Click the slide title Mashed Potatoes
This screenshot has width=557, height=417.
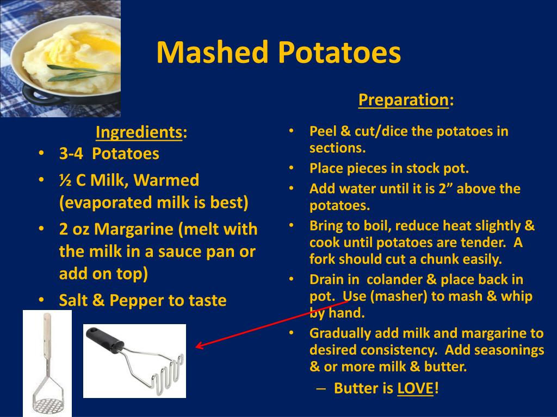click(278, 53)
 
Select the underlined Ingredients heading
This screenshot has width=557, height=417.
click(138, 132)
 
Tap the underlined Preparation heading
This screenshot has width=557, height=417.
click(403, 100)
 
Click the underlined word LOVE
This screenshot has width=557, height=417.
click(415, 388)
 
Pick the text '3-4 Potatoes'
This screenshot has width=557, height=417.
click(109, 154)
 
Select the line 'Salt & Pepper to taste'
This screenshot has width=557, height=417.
click(143, 300)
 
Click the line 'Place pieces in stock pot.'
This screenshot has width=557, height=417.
click(389, 168)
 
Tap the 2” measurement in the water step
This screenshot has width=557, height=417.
click(437, 189)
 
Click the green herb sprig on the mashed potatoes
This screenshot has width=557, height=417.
click(82, 71)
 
